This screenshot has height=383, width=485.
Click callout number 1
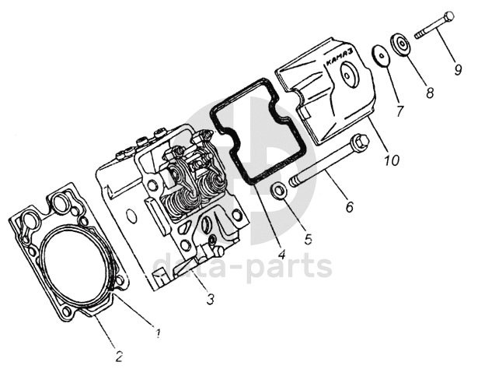tap(158, 334)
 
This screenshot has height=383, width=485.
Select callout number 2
tap(118, 357)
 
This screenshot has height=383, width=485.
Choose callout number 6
tap(349, 207)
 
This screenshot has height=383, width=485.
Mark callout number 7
tap(400, 111)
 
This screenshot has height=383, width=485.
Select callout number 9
tap(459, 69)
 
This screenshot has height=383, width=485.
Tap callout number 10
tap(391, 161)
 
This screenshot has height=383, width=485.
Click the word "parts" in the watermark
tap(292, 267)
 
